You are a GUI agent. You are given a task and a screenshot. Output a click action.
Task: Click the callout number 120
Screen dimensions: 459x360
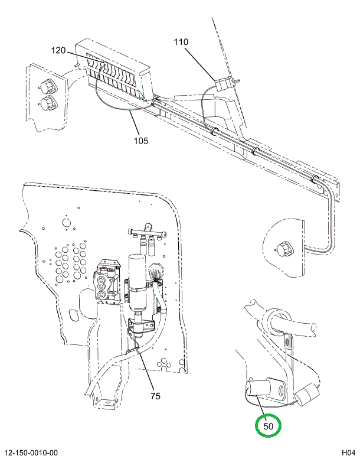[x=58, y=51]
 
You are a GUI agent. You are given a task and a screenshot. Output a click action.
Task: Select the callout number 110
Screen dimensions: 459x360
[x=181, y=42]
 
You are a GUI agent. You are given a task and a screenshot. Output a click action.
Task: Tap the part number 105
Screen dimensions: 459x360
[x=140, y=141]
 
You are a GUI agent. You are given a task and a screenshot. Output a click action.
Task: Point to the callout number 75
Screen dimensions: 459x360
[x=155, y=396]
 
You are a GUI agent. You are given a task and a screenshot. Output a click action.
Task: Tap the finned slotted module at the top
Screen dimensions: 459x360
[x=115, y=68]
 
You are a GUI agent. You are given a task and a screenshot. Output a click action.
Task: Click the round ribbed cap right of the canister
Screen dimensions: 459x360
[x=158, y=274]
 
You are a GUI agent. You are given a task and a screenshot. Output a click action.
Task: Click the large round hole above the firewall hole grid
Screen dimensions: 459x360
[x=67, y=223]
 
